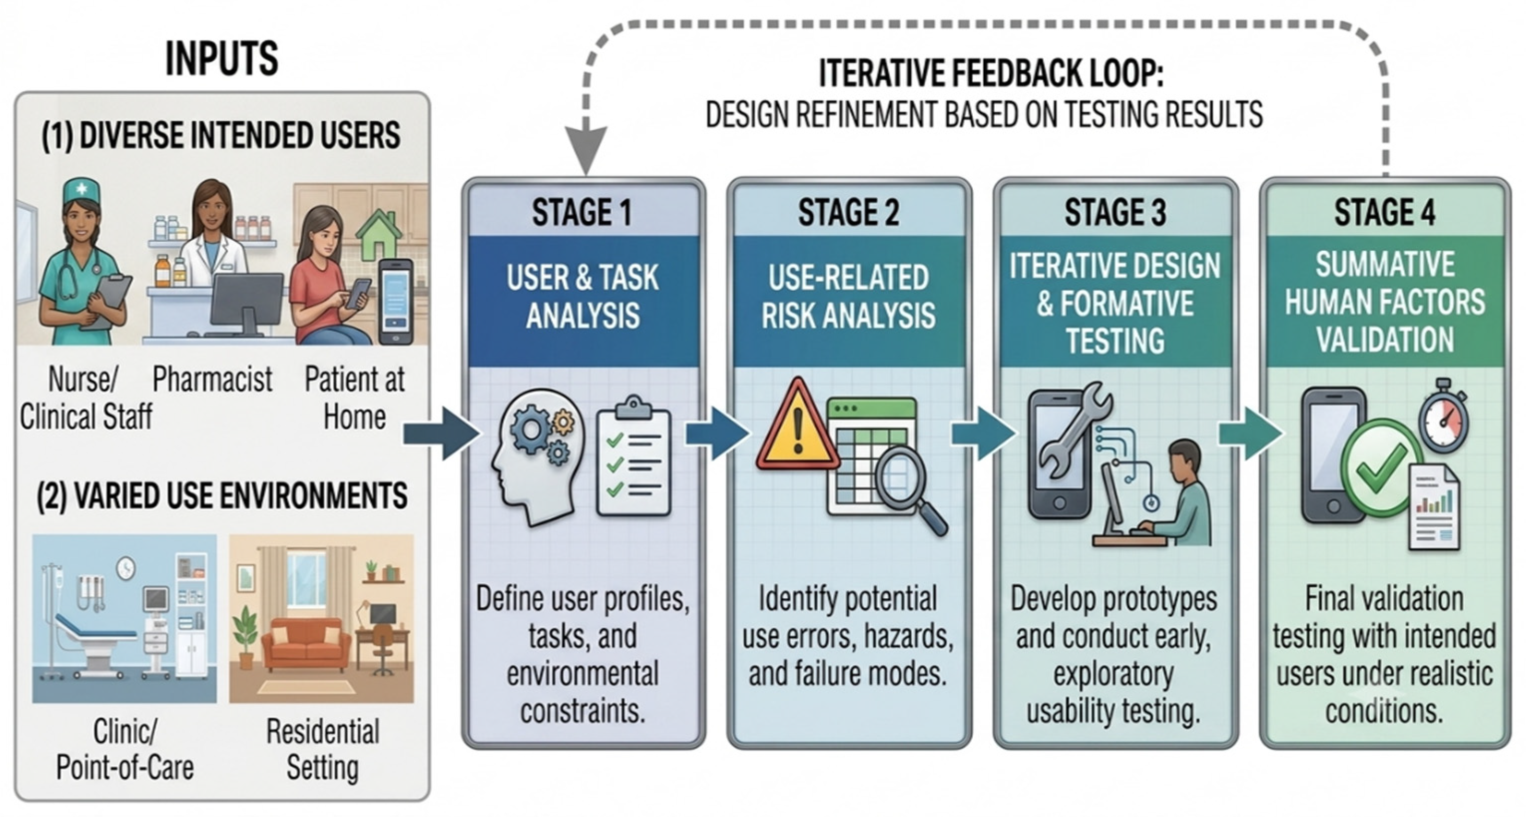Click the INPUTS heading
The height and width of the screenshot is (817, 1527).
[221, 59]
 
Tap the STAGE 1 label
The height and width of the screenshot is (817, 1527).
[582, 212]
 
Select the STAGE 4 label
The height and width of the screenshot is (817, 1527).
[1385, 212]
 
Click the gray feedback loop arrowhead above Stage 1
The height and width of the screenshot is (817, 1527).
[586, 151]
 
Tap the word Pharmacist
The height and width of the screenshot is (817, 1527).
[212, 379]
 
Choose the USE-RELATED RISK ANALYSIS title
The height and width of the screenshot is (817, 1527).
[848, 296]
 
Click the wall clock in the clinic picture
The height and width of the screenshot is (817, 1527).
[126, 569]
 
